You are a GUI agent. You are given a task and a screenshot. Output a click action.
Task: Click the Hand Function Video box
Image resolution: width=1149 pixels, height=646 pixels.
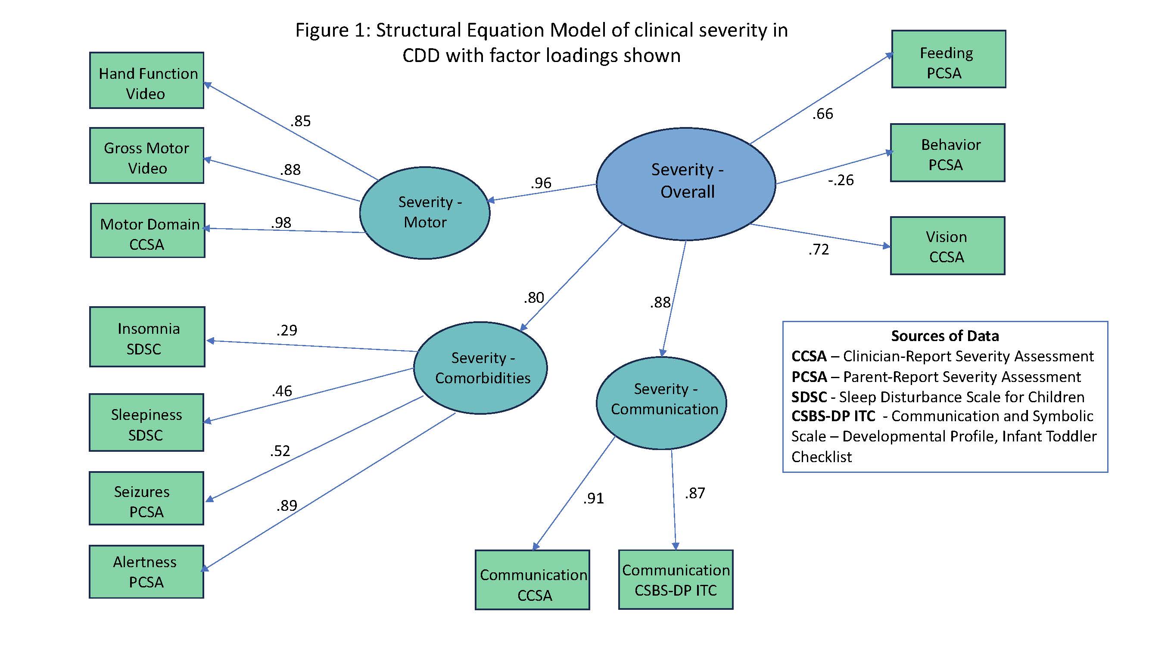tap(147, 81)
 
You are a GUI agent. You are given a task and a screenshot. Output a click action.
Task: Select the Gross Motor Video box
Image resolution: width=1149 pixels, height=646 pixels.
tap(147, 155)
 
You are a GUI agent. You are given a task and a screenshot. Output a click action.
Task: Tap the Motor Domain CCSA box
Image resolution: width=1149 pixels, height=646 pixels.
tap(148, 230)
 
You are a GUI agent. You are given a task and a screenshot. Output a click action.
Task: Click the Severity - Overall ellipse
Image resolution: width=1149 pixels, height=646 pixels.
tap(685, 184)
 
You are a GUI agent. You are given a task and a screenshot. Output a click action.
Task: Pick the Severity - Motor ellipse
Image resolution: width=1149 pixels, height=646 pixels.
tap(425, 213)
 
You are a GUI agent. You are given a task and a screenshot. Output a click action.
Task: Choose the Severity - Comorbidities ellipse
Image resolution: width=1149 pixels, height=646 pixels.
tap(480, 368)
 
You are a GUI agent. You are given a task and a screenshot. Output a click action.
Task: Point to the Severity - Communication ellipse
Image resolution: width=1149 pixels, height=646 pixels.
tap(661, 403)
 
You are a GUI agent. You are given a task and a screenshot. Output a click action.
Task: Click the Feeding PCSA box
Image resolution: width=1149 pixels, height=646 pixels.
tap(948, 59)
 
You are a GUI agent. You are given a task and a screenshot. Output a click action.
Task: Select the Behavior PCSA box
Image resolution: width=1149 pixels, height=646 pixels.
tap(947, 153)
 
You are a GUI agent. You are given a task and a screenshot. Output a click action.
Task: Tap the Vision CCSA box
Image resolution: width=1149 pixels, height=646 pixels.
tap(947, 246)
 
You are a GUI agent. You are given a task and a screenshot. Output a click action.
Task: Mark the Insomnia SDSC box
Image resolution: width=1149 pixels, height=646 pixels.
tap(147, 337)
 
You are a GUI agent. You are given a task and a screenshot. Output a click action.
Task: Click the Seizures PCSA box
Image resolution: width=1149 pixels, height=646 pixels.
tap(146, 498)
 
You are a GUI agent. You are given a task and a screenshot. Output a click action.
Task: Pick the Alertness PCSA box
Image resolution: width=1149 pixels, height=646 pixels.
tap(146, 571)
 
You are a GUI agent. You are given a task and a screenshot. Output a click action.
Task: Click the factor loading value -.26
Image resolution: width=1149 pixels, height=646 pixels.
tap(841, 180)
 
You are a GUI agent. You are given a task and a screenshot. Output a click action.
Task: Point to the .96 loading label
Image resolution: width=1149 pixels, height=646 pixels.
tap(541, 183)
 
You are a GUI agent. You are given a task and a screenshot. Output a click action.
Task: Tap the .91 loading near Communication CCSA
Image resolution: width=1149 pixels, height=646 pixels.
tap(593, 498)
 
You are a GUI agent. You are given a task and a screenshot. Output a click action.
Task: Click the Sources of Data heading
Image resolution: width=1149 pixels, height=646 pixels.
tap(945, 336)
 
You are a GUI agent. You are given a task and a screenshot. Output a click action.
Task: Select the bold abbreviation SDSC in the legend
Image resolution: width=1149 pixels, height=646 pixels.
tap(809, 397)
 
